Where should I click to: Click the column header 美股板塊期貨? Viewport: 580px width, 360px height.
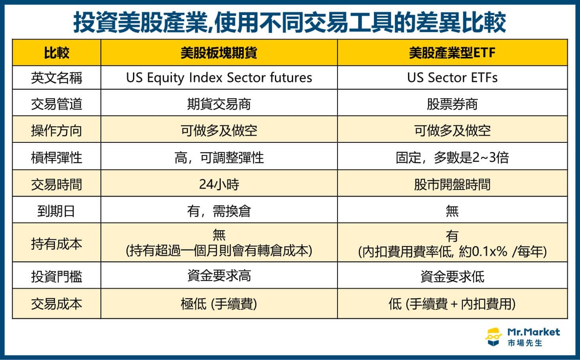point(219,53)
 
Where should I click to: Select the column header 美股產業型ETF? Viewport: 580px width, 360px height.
point(452,53)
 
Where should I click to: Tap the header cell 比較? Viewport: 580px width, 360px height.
point(57,53)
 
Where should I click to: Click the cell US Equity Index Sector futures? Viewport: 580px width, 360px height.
point(219,78)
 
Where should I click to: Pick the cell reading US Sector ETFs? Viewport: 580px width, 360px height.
point(452,78)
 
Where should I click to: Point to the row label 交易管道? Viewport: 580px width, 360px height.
point(57,104)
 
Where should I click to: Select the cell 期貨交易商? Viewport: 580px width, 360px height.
point(219,104)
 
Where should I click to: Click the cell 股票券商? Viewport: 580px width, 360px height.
point(452,104)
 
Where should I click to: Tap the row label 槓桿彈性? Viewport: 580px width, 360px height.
point(57,157)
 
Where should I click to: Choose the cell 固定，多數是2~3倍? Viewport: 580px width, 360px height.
point(452,157)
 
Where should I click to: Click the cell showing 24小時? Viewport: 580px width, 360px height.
point(219,184)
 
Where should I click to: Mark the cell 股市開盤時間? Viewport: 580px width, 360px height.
point(452,184)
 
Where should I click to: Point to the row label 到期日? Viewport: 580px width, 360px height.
point(57,211)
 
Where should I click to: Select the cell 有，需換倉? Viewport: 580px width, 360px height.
point(219,211)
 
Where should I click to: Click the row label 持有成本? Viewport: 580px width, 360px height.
point(57,243)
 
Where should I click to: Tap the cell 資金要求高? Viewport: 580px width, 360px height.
point(219,276)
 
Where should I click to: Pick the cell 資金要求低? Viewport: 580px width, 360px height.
point(452,276)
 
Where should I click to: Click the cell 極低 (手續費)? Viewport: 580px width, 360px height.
point(219,304)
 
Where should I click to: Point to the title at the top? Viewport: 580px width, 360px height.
point(290,22)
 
